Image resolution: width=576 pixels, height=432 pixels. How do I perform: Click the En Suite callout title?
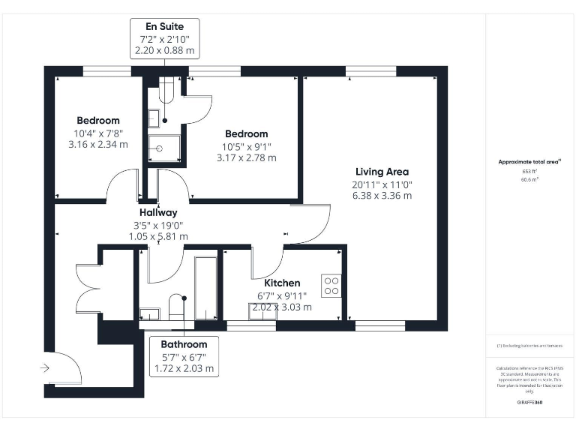coord(164,27)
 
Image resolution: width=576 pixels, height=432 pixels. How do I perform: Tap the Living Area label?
coord(382,172)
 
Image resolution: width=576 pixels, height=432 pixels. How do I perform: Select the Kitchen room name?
coord(282,283)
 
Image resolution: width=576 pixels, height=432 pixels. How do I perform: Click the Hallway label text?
coord(157,212)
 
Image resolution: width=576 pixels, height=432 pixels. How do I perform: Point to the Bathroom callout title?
coord(184,344)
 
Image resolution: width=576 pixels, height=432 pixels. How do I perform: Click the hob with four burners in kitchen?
coord(331,285)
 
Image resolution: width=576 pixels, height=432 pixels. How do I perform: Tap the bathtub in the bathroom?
coord(205,289)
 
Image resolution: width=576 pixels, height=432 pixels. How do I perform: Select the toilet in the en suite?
coord(166,89)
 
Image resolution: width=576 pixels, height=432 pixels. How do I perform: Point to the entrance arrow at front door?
coord(45,368)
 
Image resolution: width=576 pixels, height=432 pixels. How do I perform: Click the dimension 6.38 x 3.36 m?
coord(382,196)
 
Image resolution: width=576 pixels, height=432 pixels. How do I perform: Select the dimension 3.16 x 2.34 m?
coord(97,145)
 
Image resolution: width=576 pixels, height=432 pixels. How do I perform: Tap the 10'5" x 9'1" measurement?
coord(246,146)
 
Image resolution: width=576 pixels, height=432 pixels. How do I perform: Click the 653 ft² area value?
coord(530,171)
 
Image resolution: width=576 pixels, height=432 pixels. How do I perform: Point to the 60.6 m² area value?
coord(530,180)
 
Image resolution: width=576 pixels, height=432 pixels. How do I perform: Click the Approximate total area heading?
coord(529,161)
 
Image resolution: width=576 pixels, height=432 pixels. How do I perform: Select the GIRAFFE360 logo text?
coord(529,403)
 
